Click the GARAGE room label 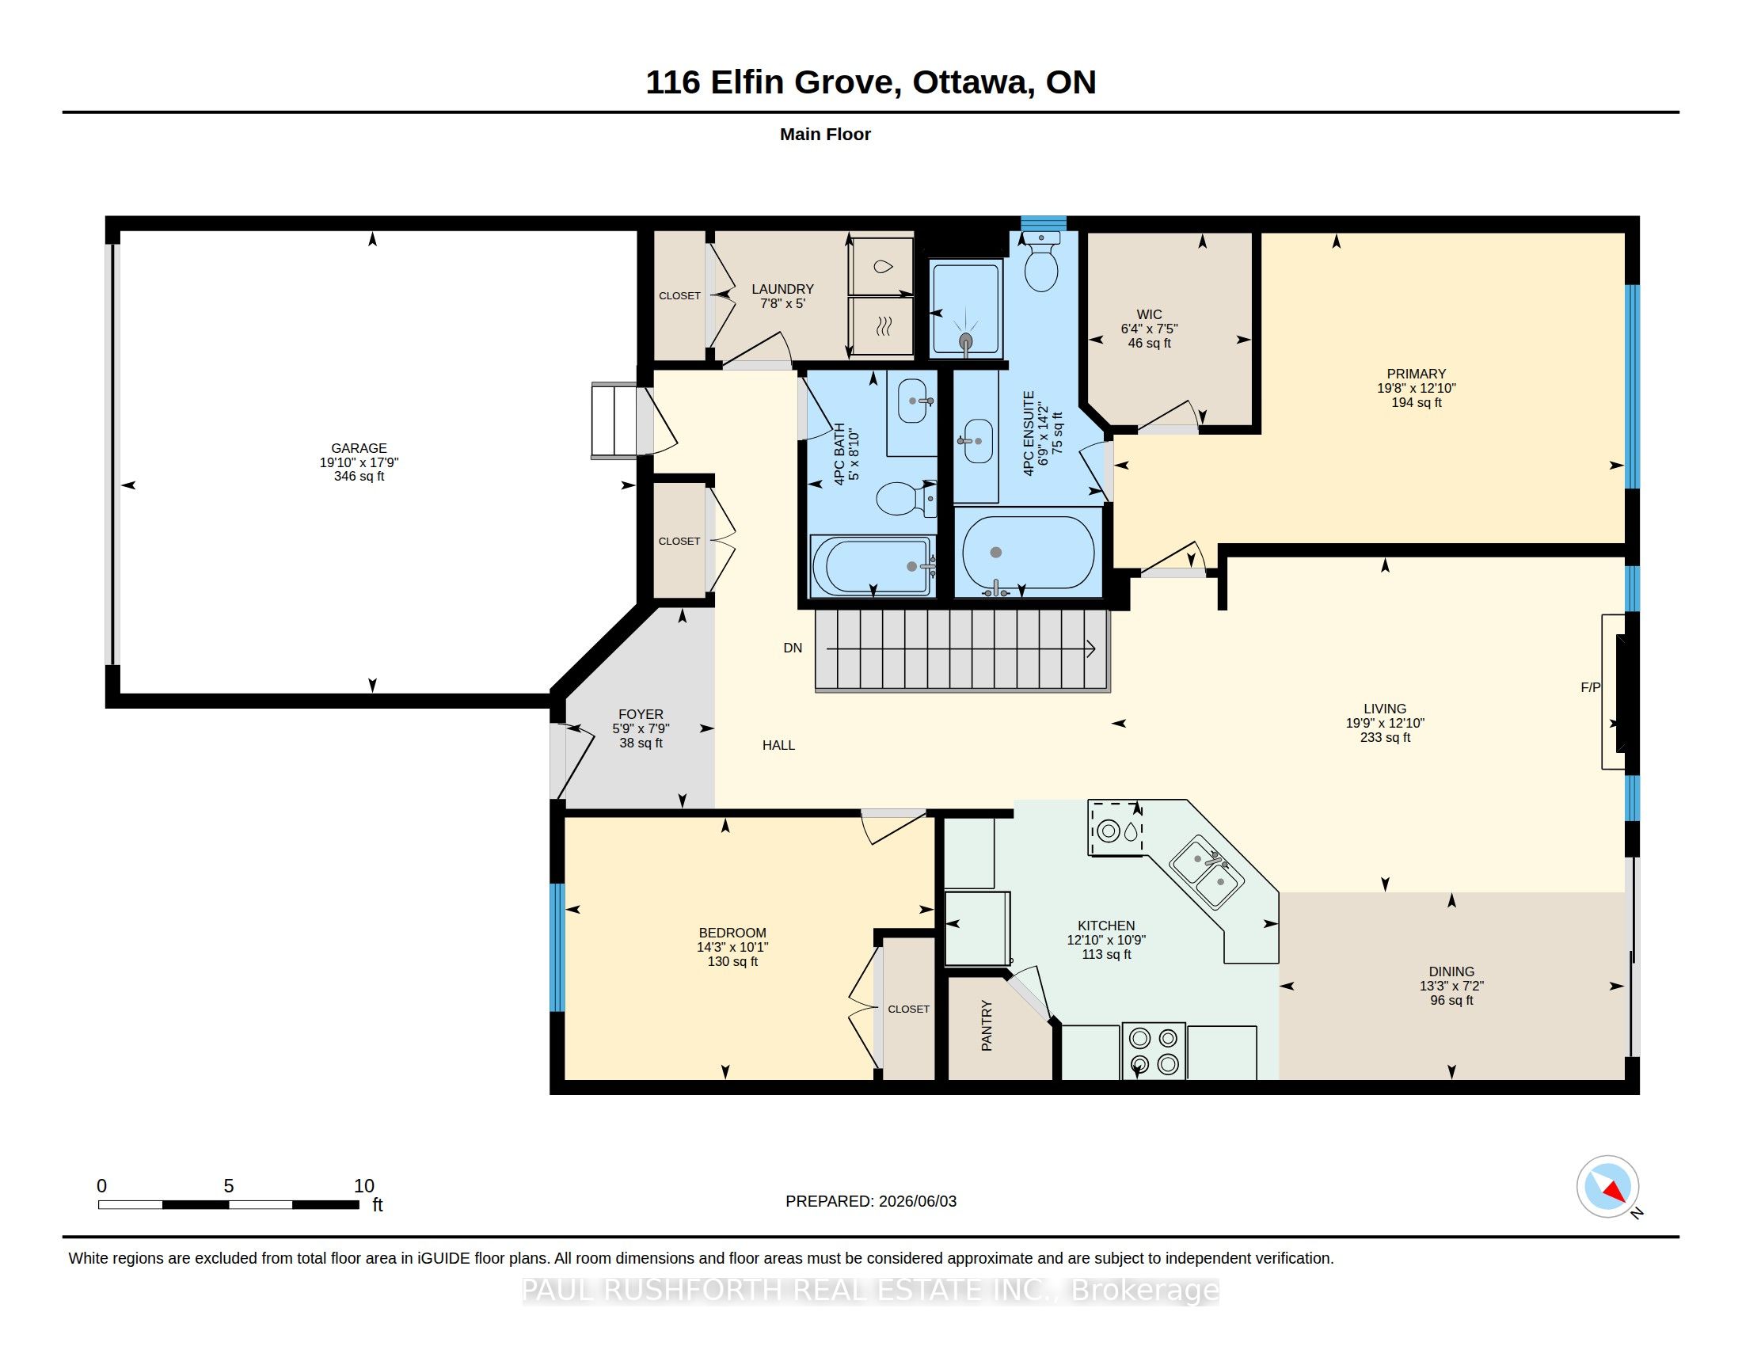click(359, 448)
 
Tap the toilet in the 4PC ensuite click(1041, 262)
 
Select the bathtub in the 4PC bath click(873, 566)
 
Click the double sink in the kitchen click(1206, 873)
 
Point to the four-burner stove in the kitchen click(1154, 1051)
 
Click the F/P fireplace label click(1591, 687)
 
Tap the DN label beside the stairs click(793, 648)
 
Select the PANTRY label click(987, 1025)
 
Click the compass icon click(1607, 1187)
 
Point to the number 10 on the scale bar click(363, 1186)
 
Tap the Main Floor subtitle click(825, 134)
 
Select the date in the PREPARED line click(917, 1201)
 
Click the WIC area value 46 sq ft click(1150, 343)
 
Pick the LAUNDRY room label click(782, 289)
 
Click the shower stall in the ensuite click(966, 308)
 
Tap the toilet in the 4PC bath click(906, 499)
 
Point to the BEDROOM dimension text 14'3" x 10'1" click(732, 947)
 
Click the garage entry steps click(614, 420)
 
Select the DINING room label click(1451, 971)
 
